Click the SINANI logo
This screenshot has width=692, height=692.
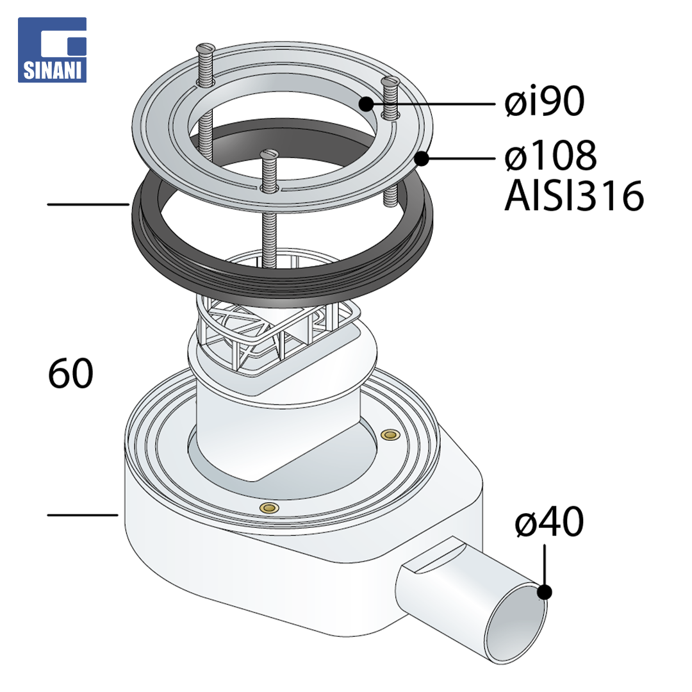pyautogui.click(x=52, y=50)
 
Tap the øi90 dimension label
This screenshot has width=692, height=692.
pyautogui.click(x=545, y=101)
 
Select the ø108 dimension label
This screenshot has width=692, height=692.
pyautogui.click(x=551, y=155)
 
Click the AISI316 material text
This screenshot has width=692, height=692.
pyautogui.click(x=573, y=196)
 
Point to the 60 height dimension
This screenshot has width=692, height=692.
pyautogui.click(x=70, y=374)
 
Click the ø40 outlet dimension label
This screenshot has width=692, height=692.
pyautogui.click(x=550, y=522)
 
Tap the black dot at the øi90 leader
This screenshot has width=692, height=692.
pyautogui.click(x=366, y=104)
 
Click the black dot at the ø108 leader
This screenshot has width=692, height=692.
pyautogui.click(x=422, y=158)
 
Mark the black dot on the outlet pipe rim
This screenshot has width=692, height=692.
pyautogui.click(x=545, y=592)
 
